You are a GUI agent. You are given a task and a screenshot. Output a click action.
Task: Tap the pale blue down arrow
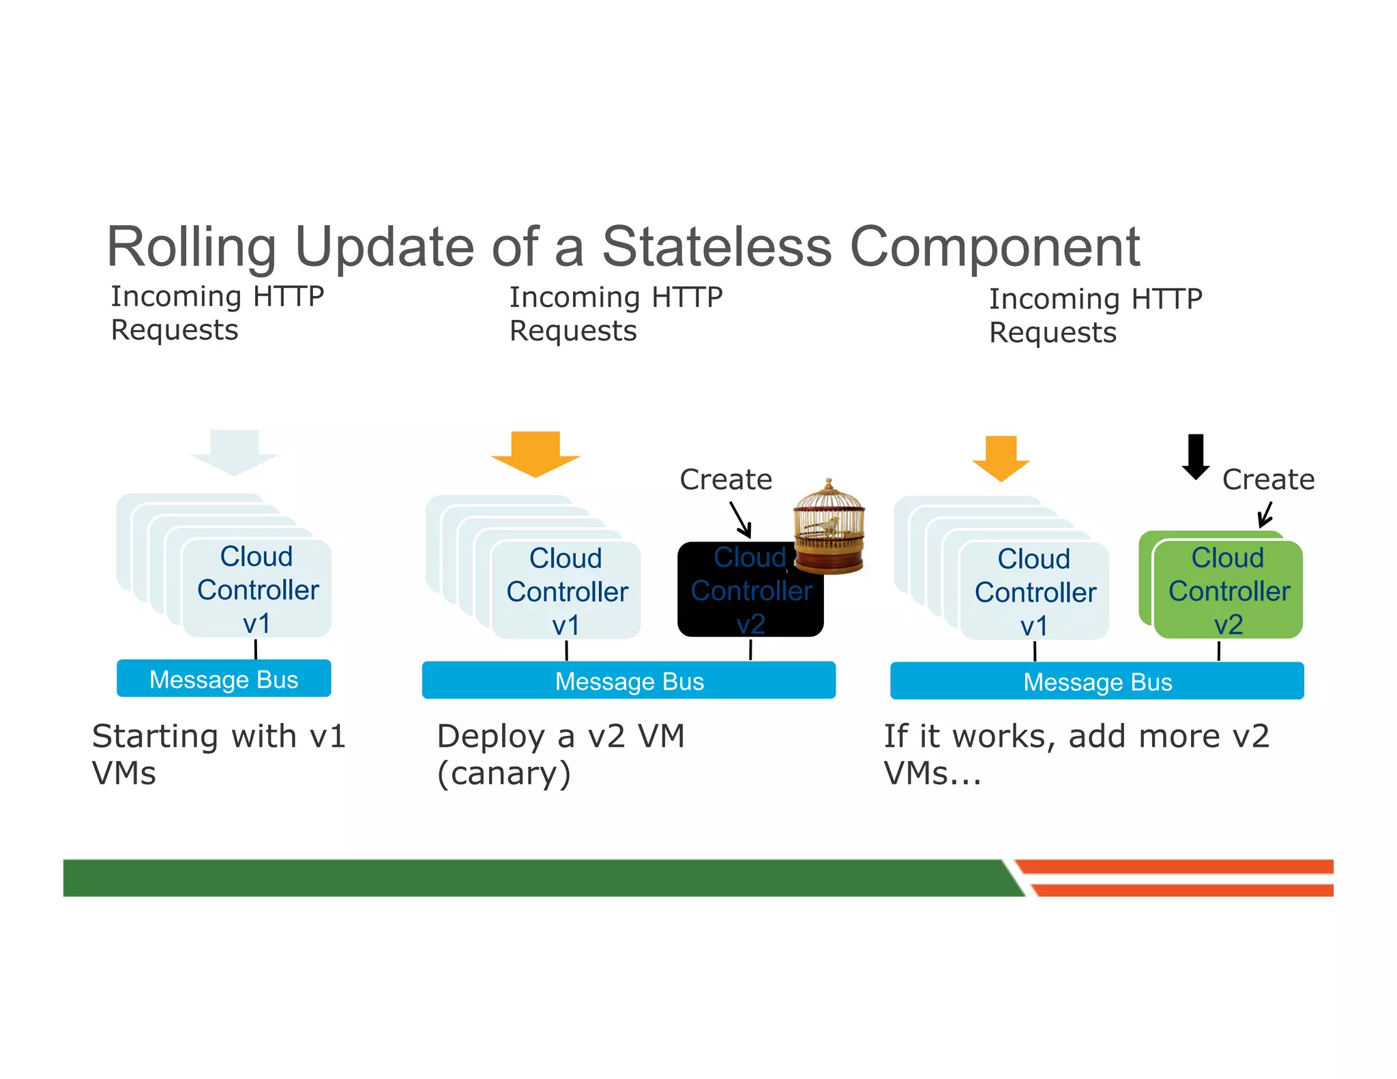[234, 452]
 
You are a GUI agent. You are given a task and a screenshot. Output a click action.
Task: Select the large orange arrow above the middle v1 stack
[535, 453]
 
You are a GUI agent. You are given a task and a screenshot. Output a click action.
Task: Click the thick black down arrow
[1195, 456]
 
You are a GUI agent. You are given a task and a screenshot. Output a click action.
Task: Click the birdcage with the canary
[829, 528]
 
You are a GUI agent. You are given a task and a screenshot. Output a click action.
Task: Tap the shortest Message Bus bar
[224, 679]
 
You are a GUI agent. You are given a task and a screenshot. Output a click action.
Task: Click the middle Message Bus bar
[628, 681]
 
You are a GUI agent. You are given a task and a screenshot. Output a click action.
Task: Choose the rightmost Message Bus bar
[1097, 681]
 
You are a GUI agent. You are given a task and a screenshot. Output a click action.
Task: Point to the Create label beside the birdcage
[726, 479]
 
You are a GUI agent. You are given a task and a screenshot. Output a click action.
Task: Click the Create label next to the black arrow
[1268, 479]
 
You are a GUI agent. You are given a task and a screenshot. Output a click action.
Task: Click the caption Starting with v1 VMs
[218, 754]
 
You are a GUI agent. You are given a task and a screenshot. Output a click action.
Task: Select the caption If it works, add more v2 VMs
[1076, 754]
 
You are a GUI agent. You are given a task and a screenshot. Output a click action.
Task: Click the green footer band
[532, 878]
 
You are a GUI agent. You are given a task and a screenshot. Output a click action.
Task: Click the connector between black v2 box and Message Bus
[750, 649]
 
